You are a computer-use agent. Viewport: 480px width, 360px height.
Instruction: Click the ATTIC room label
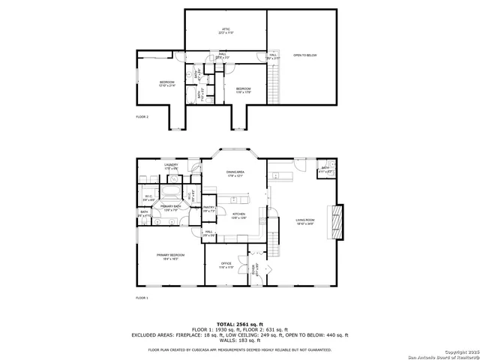[x=226, y=31]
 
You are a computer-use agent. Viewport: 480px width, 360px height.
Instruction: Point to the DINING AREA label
[x=235, y=174]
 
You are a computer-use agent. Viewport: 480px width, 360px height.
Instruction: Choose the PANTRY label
[x=209, y=210]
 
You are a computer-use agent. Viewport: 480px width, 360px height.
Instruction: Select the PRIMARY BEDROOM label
[x=170, y=256]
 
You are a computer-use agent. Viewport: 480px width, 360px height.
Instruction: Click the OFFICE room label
[x=226, y=265]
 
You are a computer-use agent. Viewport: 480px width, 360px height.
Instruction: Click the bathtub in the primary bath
[x=171, y=180]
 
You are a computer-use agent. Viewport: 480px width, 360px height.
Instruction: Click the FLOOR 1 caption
[x=142, y=298]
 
